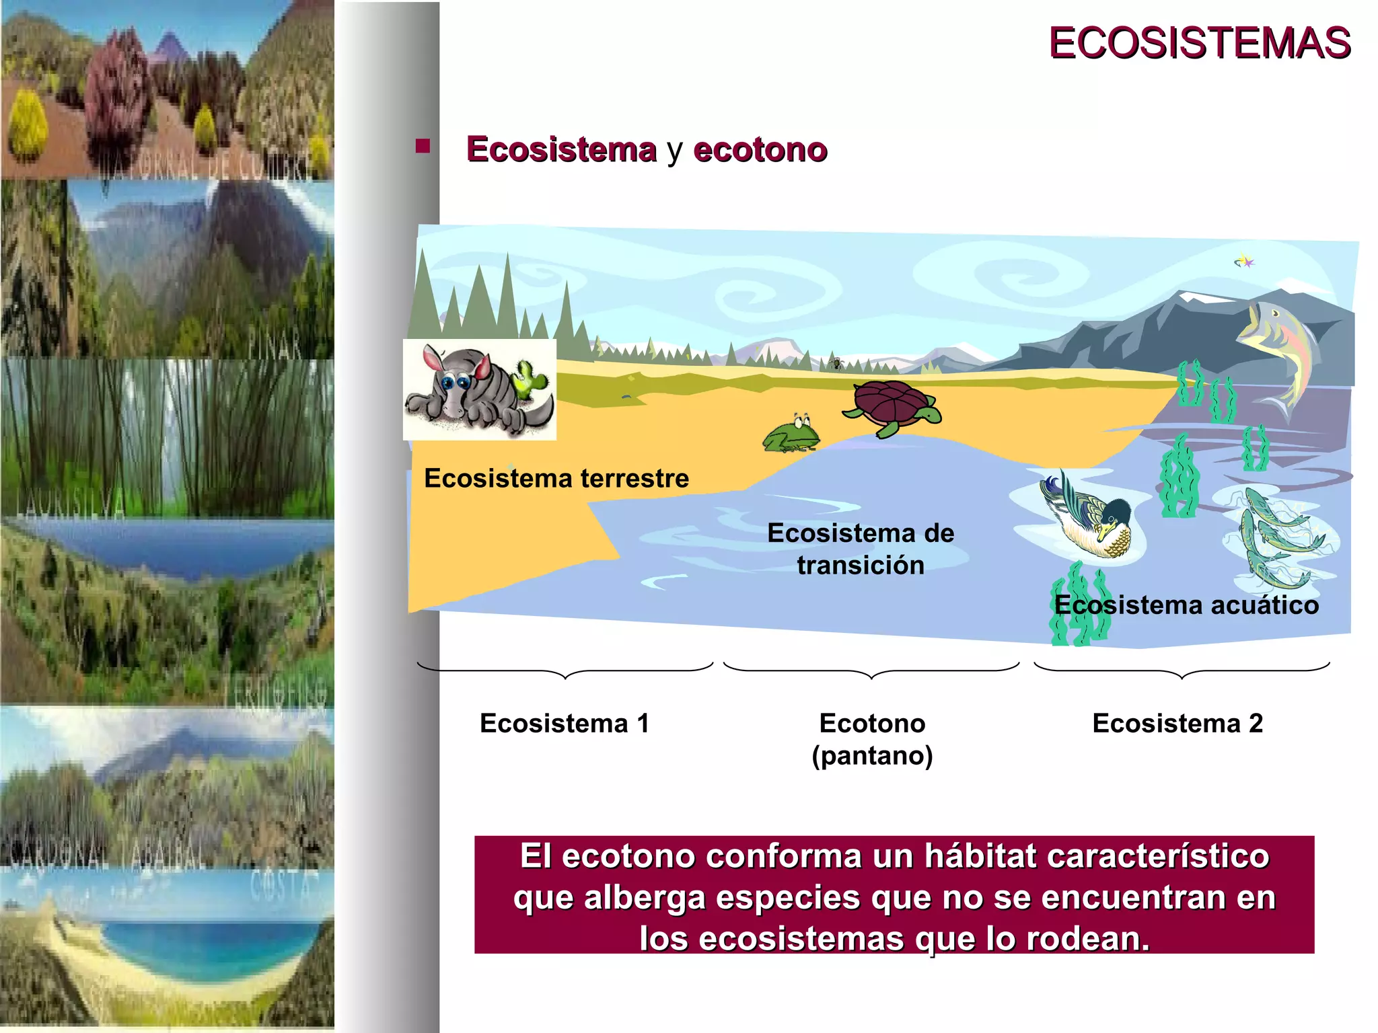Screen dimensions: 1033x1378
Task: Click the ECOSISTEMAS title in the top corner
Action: click(x=1199, y=43)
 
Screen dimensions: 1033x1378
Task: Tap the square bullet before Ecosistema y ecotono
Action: click(x=423, y=146)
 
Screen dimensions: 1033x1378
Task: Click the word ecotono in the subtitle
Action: click(x=760, y=149)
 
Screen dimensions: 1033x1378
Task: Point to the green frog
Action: click(x=792, y=433)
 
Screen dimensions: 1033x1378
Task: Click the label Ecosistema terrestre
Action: click(x=556, y=478)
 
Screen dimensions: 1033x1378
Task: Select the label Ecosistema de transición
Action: click(x=861, y=549)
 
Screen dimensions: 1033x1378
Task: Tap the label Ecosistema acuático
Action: click(x=1186, y=605)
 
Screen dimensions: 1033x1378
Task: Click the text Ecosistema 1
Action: click(x=565, y=723)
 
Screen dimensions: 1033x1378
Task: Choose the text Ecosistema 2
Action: click(x=1177, y=723)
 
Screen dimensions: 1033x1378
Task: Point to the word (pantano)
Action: click(x=872, y=755)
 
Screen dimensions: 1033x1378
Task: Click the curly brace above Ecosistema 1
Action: click(x=565, y=671)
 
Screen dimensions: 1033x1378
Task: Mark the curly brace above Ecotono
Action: click(x=871, y=671)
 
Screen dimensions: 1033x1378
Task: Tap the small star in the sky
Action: click(x=1245, y=261)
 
